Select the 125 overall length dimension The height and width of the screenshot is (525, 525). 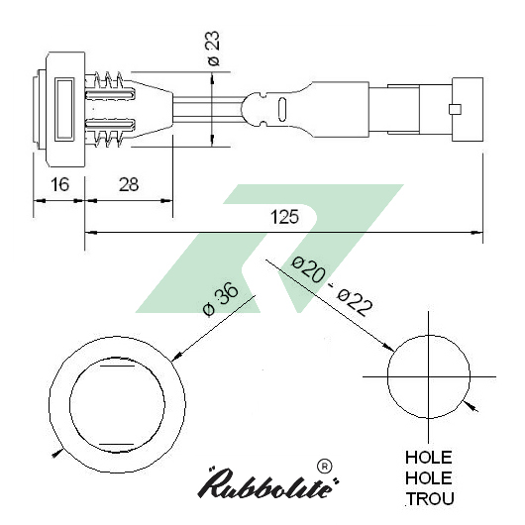284,216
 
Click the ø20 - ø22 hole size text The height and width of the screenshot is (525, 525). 332,287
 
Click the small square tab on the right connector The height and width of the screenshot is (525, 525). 454,109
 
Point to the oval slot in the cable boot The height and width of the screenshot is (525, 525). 284,109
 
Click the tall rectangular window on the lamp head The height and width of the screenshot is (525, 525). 65,109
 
